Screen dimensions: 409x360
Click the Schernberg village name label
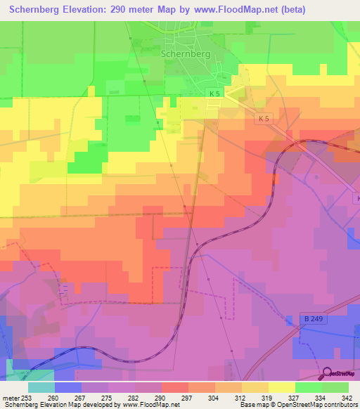186,52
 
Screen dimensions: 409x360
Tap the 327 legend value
295,398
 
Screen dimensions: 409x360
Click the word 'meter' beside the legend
11,398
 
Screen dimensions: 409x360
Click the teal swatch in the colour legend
41,387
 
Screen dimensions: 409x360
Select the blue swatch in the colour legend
68,387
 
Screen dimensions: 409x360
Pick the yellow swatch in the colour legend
281,387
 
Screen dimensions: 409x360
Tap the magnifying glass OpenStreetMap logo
328,372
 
